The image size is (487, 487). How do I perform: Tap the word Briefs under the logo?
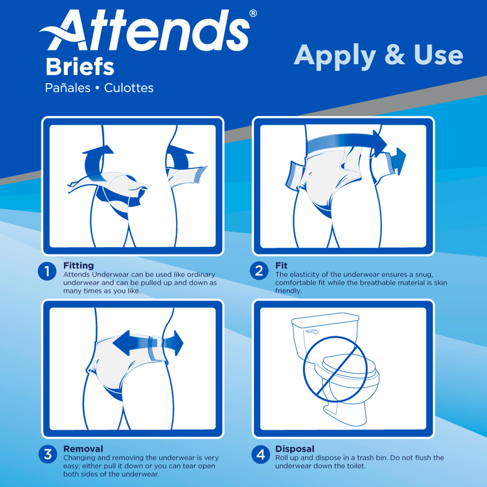click(80, 67)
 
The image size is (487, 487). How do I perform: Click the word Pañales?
click(67, 88)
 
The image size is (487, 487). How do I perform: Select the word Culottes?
click(129, 88)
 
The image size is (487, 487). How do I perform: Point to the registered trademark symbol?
click(253, 13)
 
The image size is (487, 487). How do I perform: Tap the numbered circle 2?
click(259, 271)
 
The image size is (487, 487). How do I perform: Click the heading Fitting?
click(79, 265)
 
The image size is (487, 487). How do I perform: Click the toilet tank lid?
click(325, 318)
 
